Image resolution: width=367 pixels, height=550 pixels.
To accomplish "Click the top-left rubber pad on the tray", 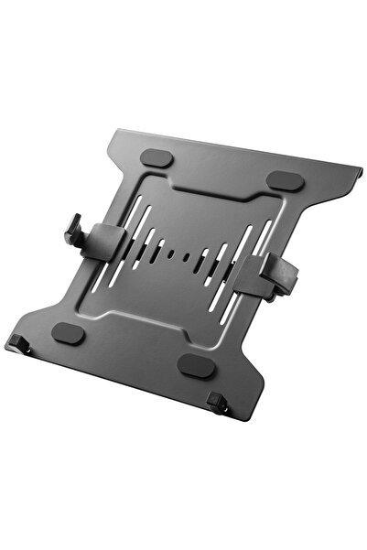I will [x=158, y=158].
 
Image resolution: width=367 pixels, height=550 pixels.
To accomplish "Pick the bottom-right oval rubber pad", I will [x=193, y=365].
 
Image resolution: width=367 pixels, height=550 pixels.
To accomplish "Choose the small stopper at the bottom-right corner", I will [x=217, y=401].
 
